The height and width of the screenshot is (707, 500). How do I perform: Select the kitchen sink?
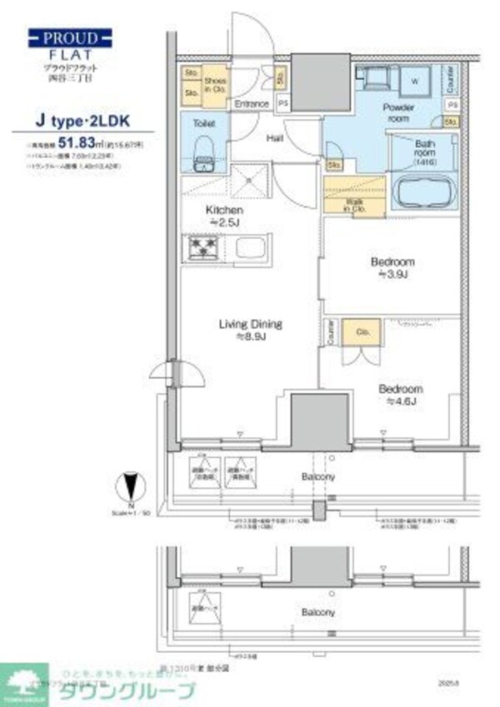[249, 247]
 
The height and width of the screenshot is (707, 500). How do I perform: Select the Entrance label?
[250, 104]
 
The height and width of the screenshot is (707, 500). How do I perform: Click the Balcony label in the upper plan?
[318, 476]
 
